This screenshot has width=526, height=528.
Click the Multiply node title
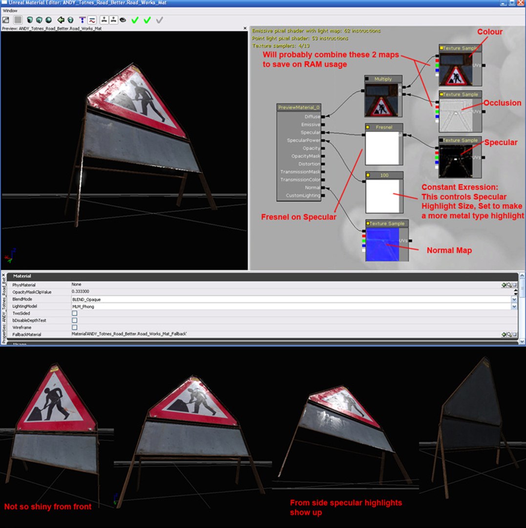click(x=383, y=79)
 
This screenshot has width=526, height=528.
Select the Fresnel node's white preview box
click(x=382, y=148)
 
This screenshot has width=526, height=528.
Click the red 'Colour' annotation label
click(x=489, y=32)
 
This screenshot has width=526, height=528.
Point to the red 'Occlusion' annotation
click(x=502, y=103)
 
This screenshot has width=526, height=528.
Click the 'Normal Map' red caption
click(x=449, y=250)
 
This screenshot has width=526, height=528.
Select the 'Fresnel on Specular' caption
click(x=298, y=217)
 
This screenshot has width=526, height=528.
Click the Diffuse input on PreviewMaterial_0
click(x=313, y=117)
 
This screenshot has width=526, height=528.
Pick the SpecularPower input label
click(x=304, y=140)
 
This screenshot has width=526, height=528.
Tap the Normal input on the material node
click(x=313, y=188)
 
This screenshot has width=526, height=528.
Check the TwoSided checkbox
click(x=75, y=313)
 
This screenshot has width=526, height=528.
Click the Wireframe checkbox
click(x=75, y=327)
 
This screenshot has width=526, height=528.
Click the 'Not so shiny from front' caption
click(x=48, y=506)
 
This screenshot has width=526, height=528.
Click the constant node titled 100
click(x=384, y=175)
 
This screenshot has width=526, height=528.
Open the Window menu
click(x=10, y=10)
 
